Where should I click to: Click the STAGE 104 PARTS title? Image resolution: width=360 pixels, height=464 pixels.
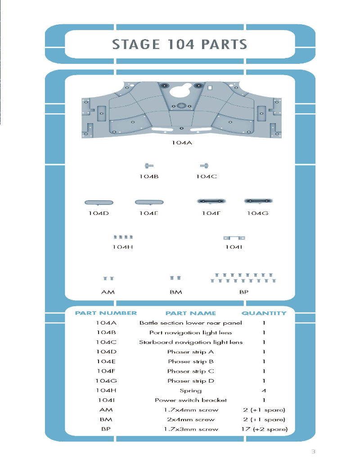pos(180,45)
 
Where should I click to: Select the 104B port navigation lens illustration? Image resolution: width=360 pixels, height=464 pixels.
pos(149,166)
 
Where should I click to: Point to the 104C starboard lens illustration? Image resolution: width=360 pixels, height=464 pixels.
pos(204,166)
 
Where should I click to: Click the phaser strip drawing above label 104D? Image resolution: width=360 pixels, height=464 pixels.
pos(99,202)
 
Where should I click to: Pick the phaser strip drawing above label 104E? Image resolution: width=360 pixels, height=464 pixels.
pos(149,202)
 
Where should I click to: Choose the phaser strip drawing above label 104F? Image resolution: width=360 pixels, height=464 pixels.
pos(211,201)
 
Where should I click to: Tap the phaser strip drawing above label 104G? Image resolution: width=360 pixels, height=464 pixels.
pos(258,201)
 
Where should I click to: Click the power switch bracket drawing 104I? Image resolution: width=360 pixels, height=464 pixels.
pos(234,238)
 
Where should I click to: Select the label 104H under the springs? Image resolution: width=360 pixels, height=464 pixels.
pos(122,247)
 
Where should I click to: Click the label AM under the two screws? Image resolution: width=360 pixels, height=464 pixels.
pos(108,292)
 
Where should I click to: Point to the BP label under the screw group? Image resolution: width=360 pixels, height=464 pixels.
pos(244,292)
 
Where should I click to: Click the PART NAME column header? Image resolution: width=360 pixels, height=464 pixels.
pos(191,313)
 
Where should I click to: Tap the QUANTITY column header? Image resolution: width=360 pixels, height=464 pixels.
pos(264,313)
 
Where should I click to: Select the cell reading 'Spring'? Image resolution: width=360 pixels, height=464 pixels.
pos(191,391)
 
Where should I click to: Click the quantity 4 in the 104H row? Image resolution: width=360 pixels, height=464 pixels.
pos(264,391)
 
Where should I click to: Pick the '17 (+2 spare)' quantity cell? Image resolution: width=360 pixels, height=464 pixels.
pos(265,429)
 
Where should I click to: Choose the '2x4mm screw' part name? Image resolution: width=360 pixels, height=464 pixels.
pos(191,419)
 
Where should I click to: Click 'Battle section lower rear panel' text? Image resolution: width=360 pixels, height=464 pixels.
pos(191,323)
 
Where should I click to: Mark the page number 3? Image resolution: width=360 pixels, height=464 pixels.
pos(313,451)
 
